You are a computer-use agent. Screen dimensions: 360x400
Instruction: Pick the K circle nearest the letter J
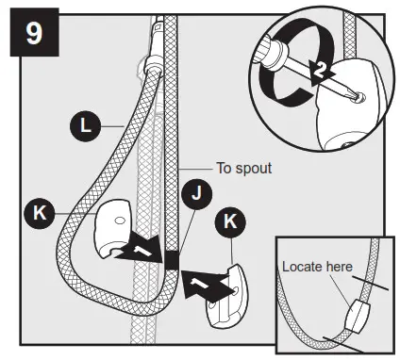pos(228,223)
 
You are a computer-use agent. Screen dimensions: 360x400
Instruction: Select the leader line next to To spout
pos(196,170)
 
